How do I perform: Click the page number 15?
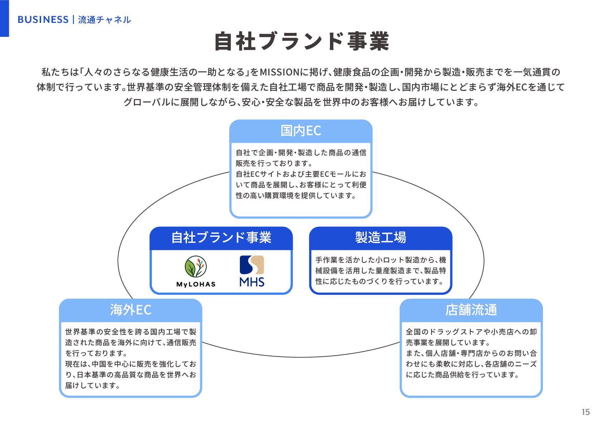coord(586,412)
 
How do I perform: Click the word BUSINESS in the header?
coord(43,20)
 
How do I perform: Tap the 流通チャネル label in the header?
coord(104,20)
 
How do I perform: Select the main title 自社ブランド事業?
coord(301,41)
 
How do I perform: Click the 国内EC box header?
coord(301,131)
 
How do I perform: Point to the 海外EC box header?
coord(130,310)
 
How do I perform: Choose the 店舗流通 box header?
coord(471,310)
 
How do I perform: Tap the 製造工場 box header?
coord(380,238)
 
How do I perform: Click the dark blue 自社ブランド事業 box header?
coord(221,238)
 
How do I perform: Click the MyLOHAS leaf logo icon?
coord(196,266)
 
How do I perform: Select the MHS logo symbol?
coord(252,265)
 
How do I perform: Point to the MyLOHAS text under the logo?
coord(196,284)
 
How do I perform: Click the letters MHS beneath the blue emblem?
coord(252,282)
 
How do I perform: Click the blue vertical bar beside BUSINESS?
coord(4,18)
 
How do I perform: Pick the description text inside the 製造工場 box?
coord(380,271)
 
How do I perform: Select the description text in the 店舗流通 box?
coord(471,353)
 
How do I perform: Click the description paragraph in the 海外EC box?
coord(130,358)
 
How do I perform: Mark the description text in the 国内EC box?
coord(301,174)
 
